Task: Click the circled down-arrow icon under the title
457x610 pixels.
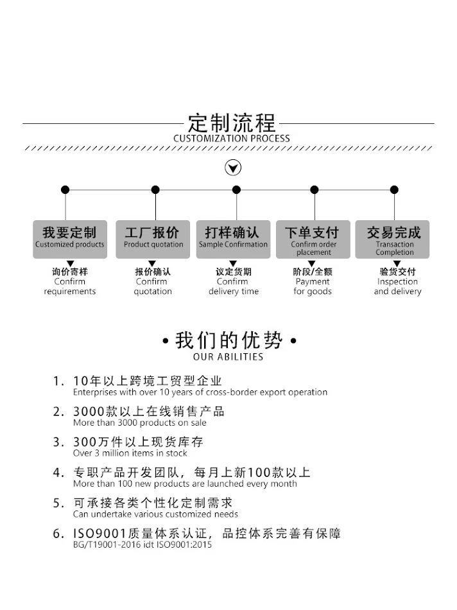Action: point(233,168)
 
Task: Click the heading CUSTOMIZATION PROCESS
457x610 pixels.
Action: point(232,139)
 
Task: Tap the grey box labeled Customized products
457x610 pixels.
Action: point(70,239)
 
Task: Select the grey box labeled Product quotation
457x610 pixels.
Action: point(153,239)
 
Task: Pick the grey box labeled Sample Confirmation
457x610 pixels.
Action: point(233,239)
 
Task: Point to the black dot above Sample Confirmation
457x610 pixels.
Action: point(236,189)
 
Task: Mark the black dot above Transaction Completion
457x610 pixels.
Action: point(394,189)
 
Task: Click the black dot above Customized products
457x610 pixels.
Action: point(65,189)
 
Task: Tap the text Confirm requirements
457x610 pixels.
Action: point(70,286)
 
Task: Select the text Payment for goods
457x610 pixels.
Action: point(313,286)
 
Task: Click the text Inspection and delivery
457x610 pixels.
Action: point(398,286)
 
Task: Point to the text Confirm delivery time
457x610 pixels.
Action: point(233,286)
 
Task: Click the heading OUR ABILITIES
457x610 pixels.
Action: point(228,357)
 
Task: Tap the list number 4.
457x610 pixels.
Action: point(58,473)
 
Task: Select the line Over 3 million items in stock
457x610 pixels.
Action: point(130,453)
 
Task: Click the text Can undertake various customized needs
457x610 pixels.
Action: point(155,514)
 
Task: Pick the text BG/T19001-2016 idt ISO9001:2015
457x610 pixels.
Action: point(142,545)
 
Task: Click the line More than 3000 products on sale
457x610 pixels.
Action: point(140,423)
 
